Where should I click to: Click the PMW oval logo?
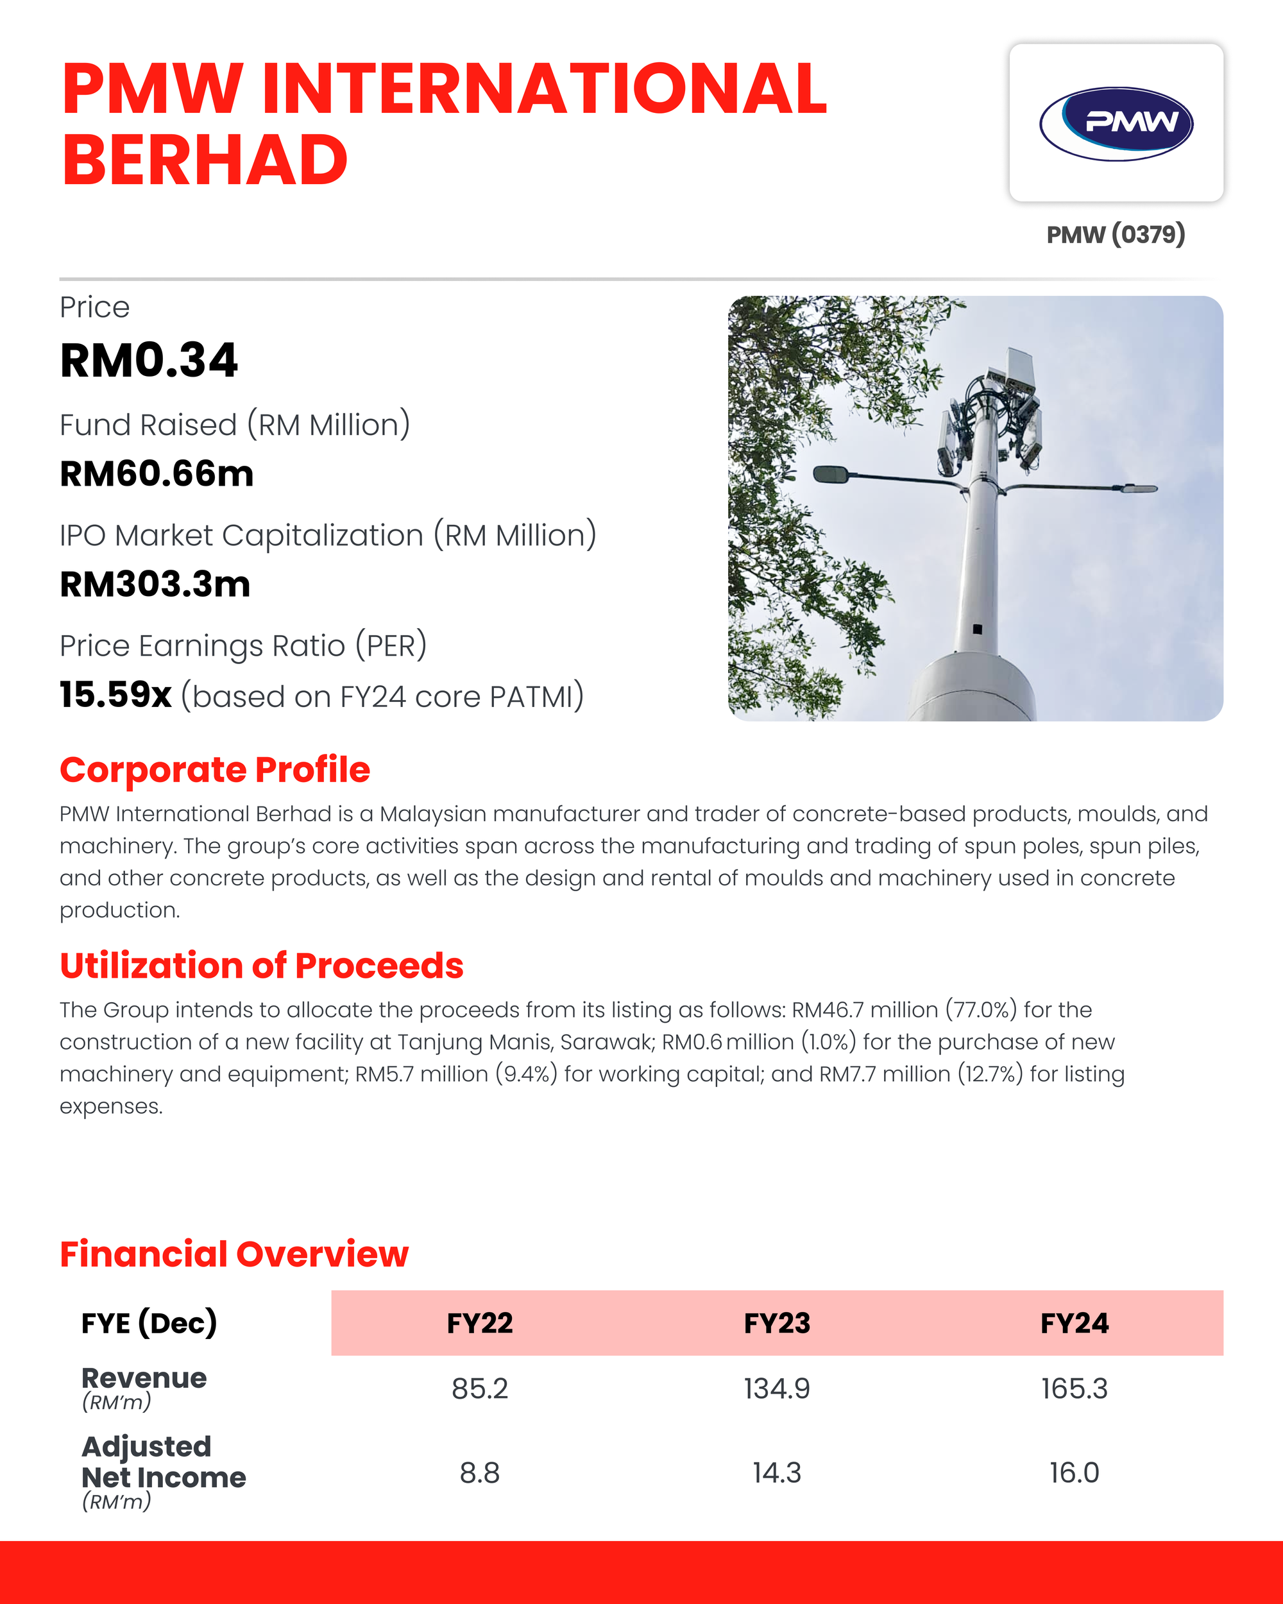(x=1116, y=123)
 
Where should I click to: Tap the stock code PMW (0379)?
(x=1115, y=234)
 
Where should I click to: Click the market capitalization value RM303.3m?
(x=155, y=584)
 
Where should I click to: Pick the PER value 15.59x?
(x=115, y=695)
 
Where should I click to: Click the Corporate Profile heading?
(x=214, y=769)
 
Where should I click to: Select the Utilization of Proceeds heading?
(x=261, y=966)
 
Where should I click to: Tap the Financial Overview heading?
(x=234, y=1254)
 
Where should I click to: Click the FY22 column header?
(x=480, y=1324)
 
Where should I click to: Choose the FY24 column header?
(x=1074, y=1324)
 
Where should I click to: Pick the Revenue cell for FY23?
(x=776, y=1389)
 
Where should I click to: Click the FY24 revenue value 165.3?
(x=1074, y=1389)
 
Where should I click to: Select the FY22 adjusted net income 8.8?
(x=480, y=1473)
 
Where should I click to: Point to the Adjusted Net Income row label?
(x=164, y=1463)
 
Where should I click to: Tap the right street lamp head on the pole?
(x=1139, y=488)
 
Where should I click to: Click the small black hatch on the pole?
(x=977, y=629)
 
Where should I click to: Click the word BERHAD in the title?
(x=205, y=160)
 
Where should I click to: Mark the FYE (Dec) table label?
(x=149, y=1324)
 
